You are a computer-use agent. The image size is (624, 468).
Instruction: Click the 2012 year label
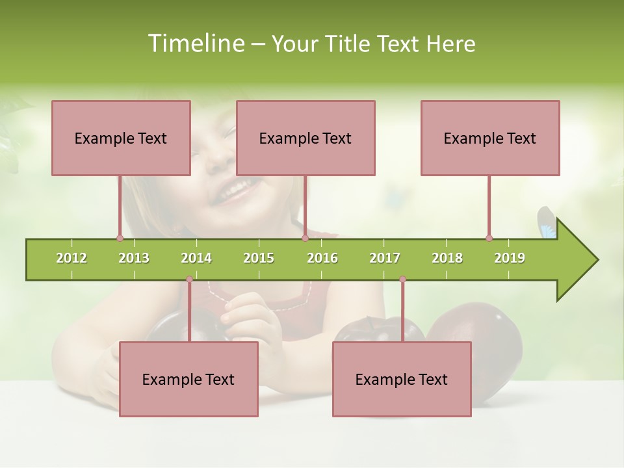pyautogui.click(x=71, y=258)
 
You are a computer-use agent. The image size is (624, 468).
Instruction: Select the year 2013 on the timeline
pyautogui.click(x=134, y=258)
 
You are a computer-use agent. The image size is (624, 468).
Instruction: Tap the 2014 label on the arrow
pyautogui.click(x=196, y=258)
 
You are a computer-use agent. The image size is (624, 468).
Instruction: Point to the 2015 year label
pyautogui.click(x=259, y=258)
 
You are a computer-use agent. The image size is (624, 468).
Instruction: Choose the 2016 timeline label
pyautogui.click(x=322, y=258)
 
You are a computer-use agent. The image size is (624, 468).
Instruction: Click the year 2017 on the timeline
pyautogui.click(x=385, y=258)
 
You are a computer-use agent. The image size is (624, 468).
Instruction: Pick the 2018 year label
pyautogui.click(x=447, y=258)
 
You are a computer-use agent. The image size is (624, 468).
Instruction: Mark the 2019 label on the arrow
pyautogui.click(x=510, y=258)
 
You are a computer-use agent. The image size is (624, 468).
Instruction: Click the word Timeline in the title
pyautogui.click(x=195, y=44)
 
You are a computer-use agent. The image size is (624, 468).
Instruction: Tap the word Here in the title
pyautogui.click(x=450, y=44)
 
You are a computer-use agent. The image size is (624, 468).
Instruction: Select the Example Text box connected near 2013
pyautogui.click(x=121, y=138)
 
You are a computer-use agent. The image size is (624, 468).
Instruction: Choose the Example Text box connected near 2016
pyautogui.click(x=305, y=138)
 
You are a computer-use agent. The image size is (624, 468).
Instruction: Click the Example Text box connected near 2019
pyautogui.click(x=490, y=138)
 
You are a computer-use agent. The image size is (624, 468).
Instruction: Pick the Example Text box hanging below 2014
pyautogui.click(x=188, y=379)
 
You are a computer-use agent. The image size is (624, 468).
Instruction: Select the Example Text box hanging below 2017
pyautogui.click(x=402, y=379)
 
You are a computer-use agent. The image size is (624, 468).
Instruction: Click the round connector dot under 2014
pyautogui.click(x=189, y=279)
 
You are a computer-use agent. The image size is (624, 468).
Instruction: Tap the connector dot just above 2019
pyautogui.click(x=489, y=238)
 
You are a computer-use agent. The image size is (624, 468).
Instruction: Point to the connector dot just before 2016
pyautogui.click(x=305, y=238)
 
